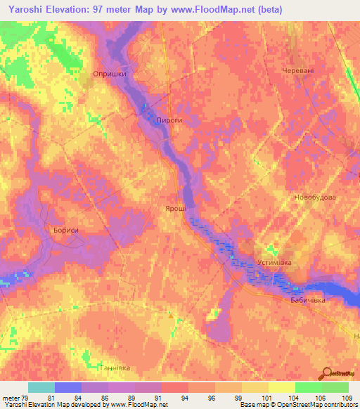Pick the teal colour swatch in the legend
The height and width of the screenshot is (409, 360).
coord(41,387)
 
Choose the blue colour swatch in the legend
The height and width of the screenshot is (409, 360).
coord(67,387)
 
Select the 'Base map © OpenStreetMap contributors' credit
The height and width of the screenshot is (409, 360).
coord(298,405)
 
